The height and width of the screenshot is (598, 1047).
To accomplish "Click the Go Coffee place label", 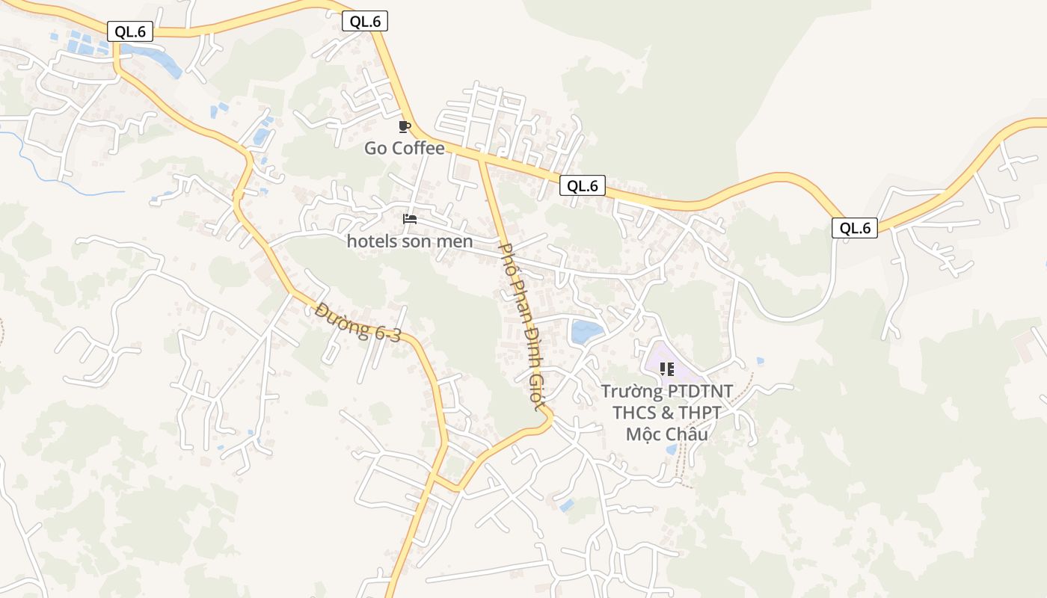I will point(404,148).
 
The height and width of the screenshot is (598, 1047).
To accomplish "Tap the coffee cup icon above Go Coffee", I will point(405,126).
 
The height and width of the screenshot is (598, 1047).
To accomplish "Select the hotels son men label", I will point(409,241).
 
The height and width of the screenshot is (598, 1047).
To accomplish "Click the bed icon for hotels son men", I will point(409,219).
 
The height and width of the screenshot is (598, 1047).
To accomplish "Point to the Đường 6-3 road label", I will point(358,322).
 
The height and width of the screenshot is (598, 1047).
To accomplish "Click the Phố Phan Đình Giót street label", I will point(519,326).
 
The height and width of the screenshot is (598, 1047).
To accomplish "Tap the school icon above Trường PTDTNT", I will point(667,369).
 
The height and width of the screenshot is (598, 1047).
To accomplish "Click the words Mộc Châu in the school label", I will point(667,434).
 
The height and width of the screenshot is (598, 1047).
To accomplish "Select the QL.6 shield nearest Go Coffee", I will point(365,22).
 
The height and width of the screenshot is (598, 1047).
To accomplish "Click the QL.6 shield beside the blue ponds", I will point(130,31).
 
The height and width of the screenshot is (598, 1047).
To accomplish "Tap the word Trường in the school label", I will point(632,391).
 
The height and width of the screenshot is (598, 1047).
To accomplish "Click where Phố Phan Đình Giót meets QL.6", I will point(481,158).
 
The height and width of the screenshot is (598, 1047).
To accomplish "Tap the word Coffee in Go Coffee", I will point(418,148).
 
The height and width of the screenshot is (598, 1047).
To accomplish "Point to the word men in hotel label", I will point(458,241).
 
